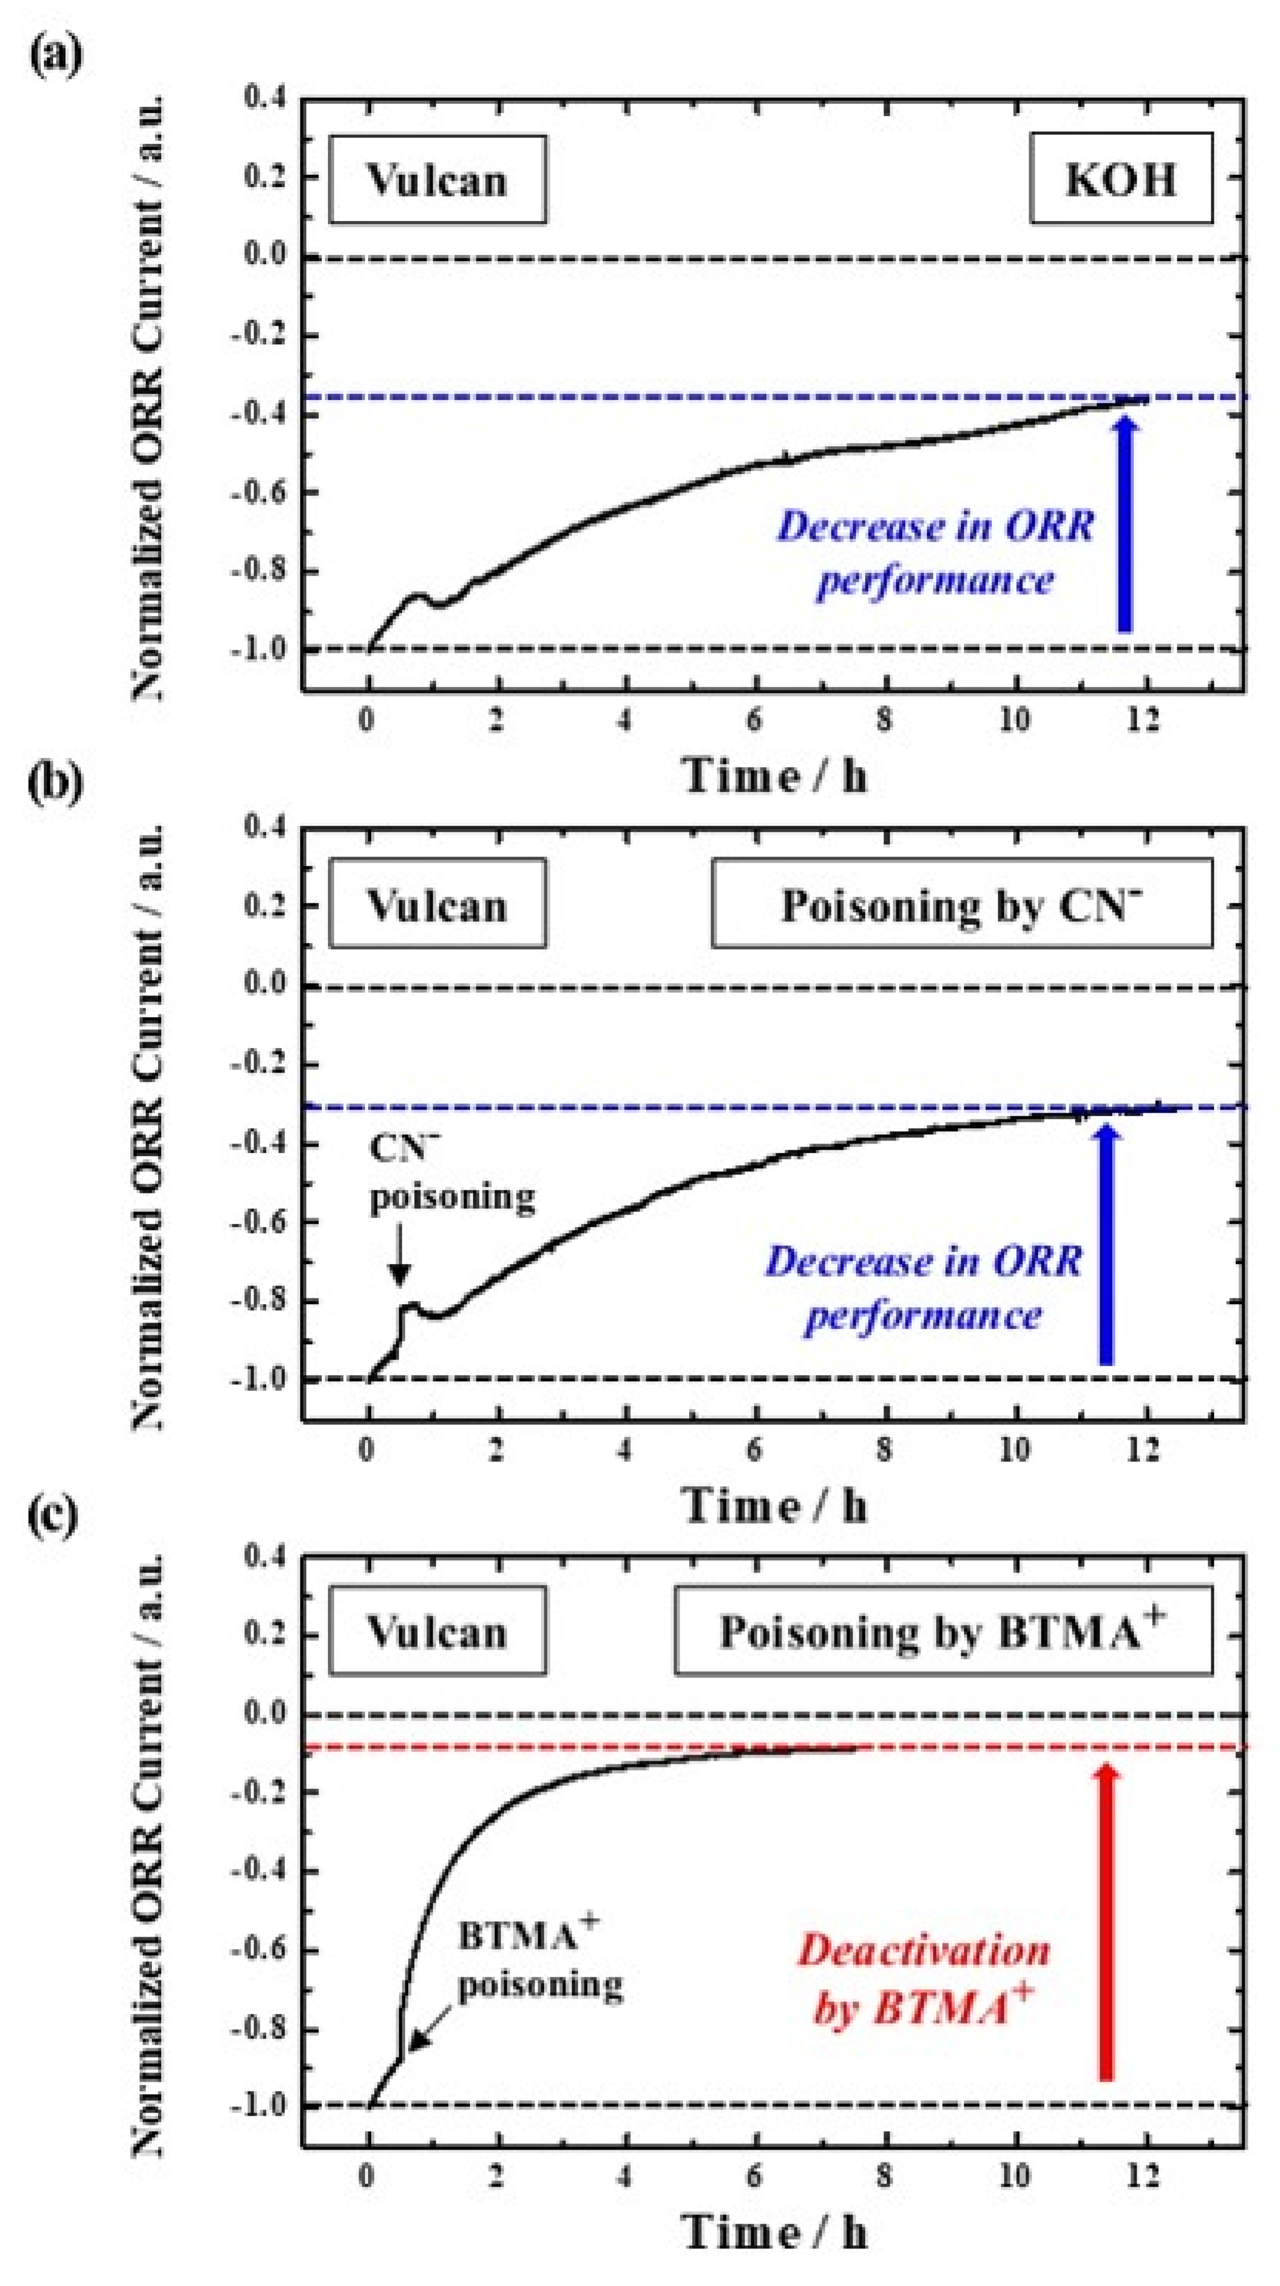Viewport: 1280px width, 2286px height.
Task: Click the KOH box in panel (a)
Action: point(1120,178)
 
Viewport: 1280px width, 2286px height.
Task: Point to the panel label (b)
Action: point(55,784)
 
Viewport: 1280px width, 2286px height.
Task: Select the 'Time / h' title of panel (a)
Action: point(774,776)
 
